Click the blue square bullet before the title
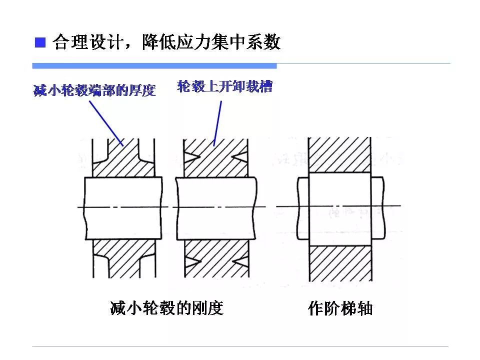point(39,42)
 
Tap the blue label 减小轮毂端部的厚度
point(94,91)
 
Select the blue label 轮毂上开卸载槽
point(224,86)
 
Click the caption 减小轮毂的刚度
point(166,308)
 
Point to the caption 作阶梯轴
point(340,308)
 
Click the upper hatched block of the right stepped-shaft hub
point(339,155)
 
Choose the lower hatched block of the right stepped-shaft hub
point(339,263)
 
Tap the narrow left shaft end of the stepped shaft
point(302,207)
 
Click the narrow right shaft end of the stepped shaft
point(377,207)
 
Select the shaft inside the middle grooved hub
point(216,207)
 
